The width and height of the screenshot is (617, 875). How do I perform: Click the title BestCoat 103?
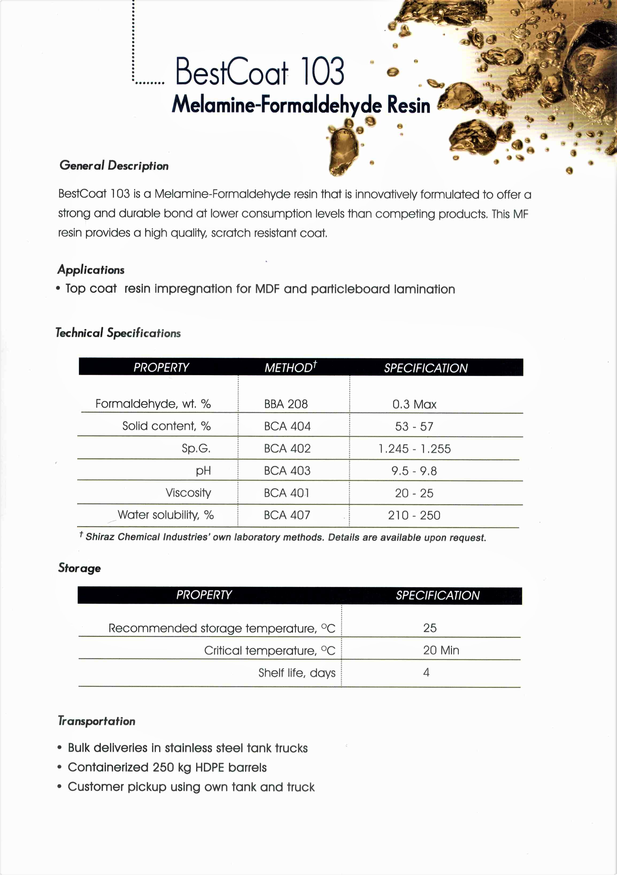(260, 72)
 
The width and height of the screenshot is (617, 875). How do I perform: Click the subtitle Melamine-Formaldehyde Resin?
(301, 104)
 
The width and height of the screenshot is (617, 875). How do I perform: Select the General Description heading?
(114, 165)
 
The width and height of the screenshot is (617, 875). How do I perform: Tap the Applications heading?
(91, 270)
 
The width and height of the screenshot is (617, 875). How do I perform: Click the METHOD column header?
(290, 367)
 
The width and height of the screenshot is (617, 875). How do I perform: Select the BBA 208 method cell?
(286, 404)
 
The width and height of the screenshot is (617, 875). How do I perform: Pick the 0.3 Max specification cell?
(414, 404)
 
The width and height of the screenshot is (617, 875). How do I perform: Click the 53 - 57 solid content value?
(414, 427)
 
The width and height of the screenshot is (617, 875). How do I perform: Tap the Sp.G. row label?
(196, 448)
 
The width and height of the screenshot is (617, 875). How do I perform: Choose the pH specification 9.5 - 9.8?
(414, 471)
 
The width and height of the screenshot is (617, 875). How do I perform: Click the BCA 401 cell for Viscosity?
(287, 493)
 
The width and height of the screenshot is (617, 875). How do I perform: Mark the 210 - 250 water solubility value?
(414, 515)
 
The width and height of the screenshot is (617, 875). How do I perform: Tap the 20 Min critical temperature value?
(441, 650)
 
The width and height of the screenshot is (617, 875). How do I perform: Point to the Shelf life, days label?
(296, 673)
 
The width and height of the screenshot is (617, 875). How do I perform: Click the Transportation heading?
(97, 721)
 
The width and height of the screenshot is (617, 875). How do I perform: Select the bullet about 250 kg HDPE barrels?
(167, 767)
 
